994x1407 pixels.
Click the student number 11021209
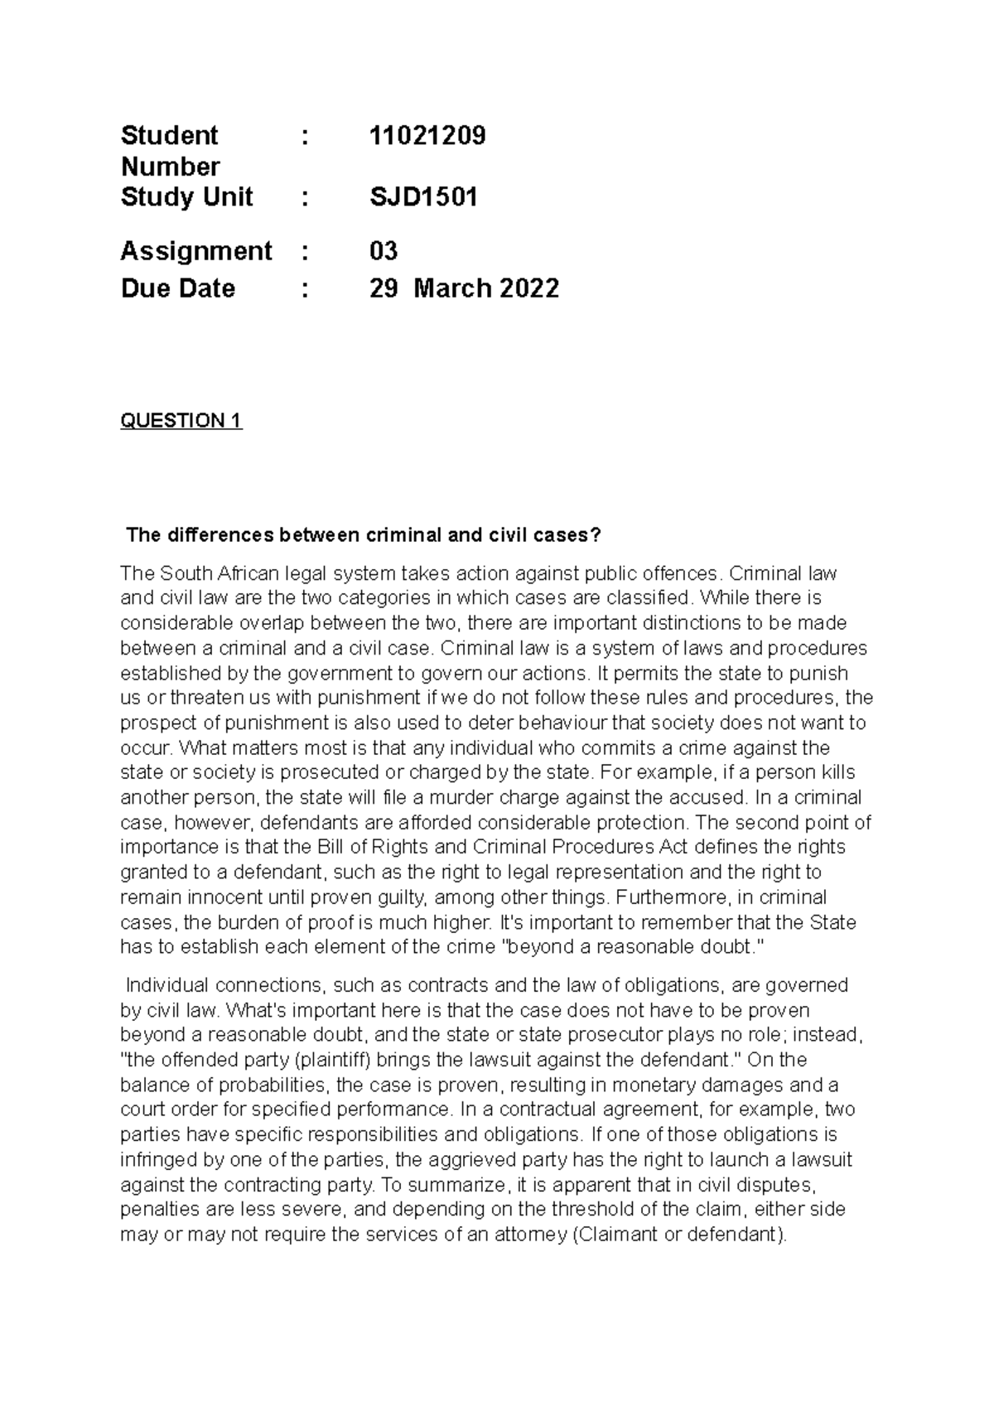coord(427,135)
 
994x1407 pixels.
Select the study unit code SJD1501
coord(423,197)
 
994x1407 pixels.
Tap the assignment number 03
coord(384,250)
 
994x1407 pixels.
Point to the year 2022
coord(528,288)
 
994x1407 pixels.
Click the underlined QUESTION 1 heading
coord(181,421)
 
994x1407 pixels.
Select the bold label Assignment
coord(196,250)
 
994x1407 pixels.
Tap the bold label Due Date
coord(178,288)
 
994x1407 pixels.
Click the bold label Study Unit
coord(187,197)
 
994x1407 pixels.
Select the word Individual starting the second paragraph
coord(166,985)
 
